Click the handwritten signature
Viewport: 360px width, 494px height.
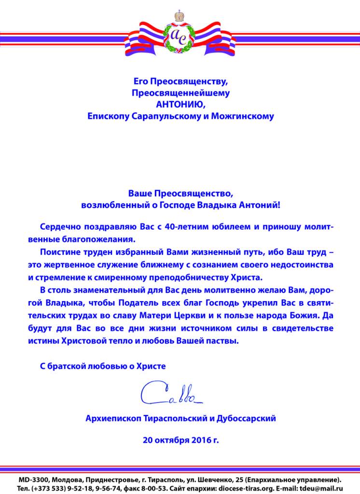tap(172, 393)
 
